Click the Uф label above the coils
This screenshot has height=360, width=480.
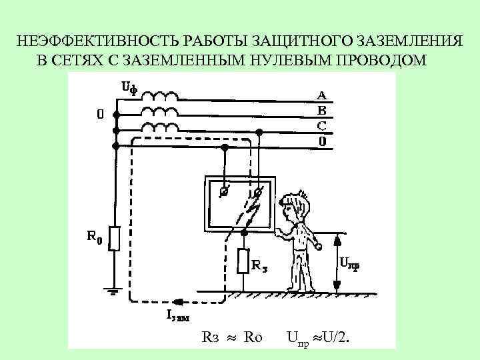coord(129,88)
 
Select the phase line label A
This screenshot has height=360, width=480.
coord(321,95)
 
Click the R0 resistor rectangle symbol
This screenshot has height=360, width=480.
coord(114,238)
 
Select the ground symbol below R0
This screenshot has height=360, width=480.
coord(114,291)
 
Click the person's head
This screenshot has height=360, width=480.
coord(295,203)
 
